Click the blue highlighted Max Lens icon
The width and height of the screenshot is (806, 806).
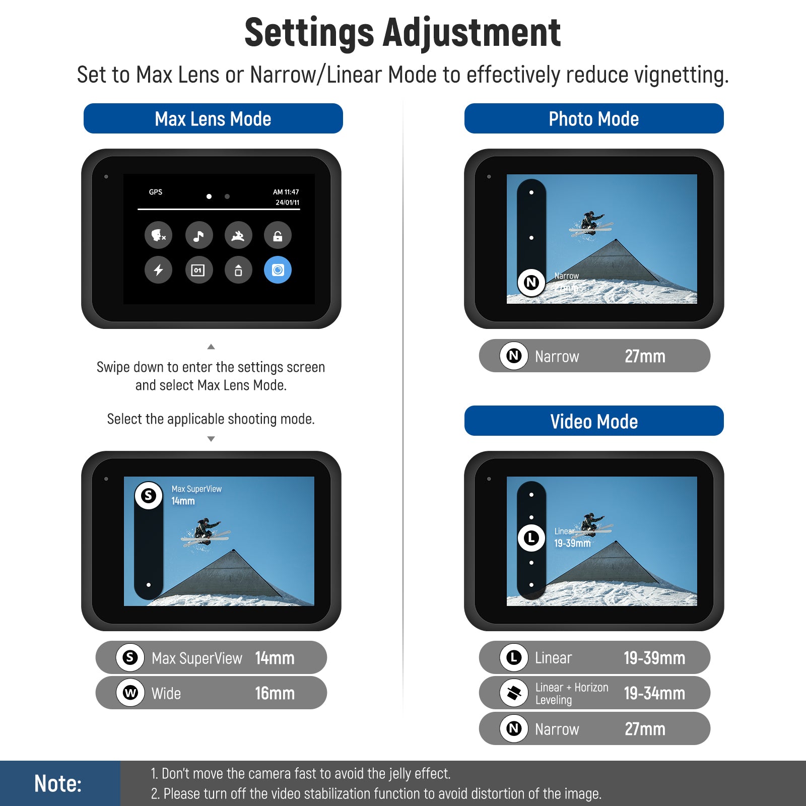[278, 270]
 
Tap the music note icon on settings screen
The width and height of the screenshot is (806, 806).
[199, 235]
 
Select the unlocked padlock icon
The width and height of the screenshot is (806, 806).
[278, 235]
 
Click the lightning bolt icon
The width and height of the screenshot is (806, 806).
[159, 270]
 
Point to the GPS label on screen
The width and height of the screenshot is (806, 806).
[156, 192]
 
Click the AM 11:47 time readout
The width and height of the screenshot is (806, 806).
[286, 192]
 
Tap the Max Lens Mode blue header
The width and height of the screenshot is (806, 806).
[213, 118]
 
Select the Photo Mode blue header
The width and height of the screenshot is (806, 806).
[594, 118]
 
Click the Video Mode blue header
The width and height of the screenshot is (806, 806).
[594, 421]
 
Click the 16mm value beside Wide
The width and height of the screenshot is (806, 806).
[275, 693]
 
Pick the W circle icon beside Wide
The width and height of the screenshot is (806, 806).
[130, 693]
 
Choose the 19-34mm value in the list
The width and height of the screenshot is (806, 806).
[654, 693]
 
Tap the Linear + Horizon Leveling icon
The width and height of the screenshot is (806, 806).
[514, 693]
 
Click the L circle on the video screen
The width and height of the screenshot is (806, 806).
[531, 538]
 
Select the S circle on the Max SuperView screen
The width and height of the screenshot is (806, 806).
[149, 496]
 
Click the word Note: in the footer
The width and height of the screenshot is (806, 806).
[58, 783]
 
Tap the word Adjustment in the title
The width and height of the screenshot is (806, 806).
[472, 33]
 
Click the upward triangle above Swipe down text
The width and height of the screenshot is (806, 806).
[211, 347]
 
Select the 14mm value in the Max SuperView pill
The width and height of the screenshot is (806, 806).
[275, 658]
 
